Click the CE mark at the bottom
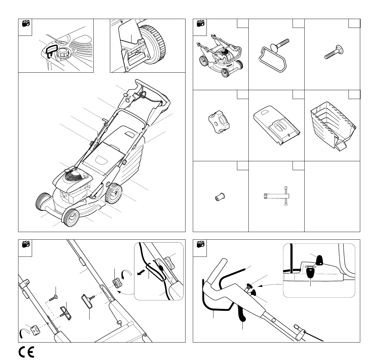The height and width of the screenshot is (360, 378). (x=26, y=352)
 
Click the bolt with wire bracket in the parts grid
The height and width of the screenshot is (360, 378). (x=274, y=56)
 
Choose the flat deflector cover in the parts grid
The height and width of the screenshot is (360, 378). (x=276, y=126)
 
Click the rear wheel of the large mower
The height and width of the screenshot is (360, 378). (x=114, y=194)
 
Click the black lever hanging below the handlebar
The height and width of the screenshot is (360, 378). (x=241, y=312)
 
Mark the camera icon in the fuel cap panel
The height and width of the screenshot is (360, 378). (x=26, y=23)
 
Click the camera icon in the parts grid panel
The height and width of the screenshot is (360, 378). (x=200, y=23)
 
